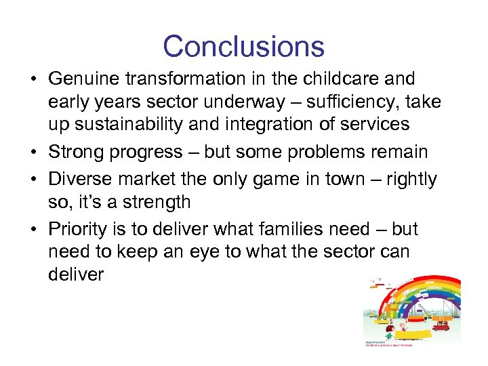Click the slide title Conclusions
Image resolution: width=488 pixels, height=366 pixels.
(x=243, y=46)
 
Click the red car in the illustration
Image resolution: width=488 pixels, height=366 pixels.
(x=441, y=326)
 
